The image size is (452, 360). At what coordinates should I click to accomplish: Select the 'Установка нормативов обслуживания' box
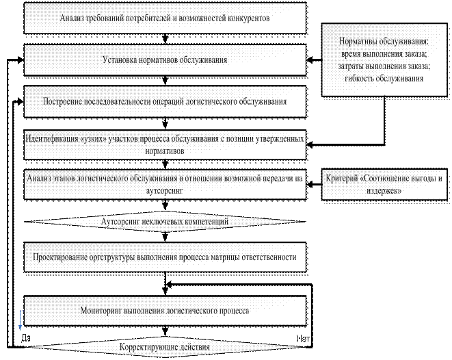click(x=164, y=60)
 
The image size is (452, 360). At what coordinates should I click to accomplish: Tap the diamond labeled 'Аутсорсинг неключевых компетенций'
click(x=164, y=222)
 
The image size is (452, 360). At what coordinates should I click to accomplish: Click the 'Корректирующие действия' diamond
click(x=164, y=347)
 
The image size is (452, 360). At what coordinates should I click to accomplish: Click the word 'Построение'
click(x=62, y=101)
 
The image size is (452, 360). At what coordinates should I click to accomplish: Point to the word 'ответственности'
click(x=269, y=258)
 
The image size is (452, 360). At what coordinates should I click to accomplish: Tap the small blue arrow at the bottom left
click(x=21, y=318)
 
